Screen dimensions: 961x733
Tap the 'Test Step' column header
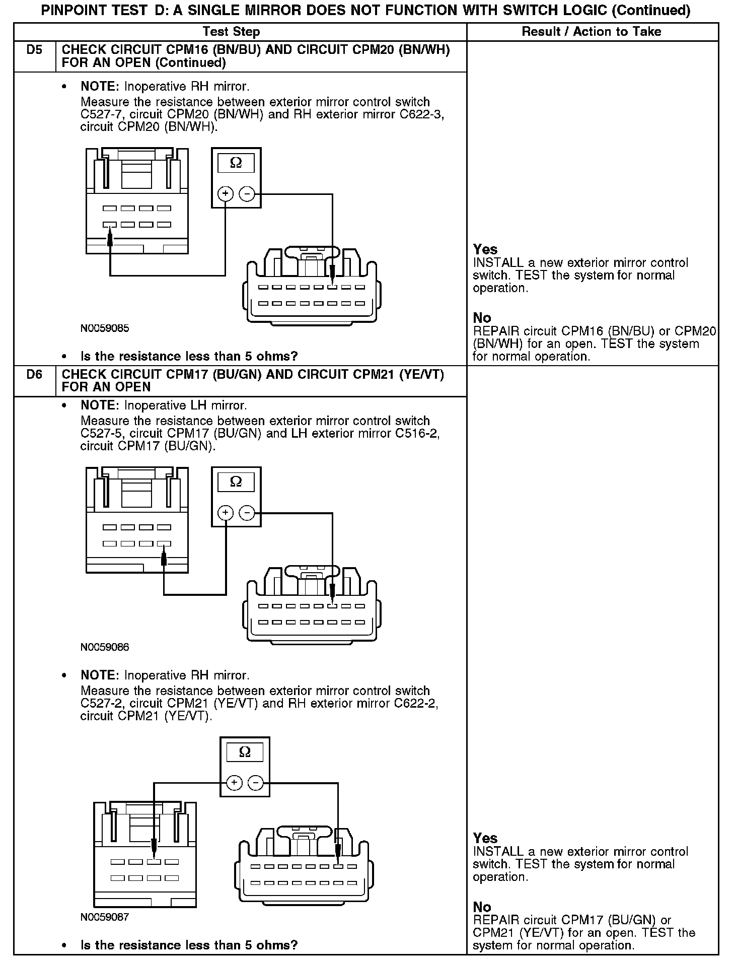pyautogui.click(x=231, y=32)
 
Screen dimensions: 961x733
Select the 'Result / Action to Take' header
pyautogui.click(x=591, y=32)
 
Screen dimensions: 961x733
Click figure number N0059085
pyautogui.click(x=105, y=328)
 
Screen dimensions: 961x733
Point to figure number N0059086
pyautogui.click(x=105, y=647)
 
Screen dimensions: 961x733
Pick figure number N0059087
pyautogui.click(x=105, y=917)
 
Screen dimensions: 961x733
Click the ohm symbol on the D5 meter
pyautogui.click(x=236, y=163)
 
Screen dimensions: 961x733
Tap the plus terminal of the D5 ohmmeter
pyautogui.click(x=225, y=194)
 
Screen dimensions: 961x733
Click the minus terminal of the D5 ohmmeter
pyautogui.click(x=246, y=194)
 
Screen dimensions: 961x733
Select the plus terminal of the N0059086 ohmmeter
pyautogui.click(x=225, y=513)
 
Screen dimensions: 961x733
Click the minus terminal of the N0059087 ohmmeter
pyautogui.click(x=255, y=783)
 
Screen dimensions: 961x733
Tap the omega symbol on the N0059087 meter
pyautogui.click(x=245, y=752)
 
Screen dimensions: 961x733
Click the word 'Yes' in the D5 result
pyautogui.click(x=485, y=249)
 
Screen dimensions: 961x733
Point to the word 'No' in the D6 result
pyautogui.click(x=482, y=907)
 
